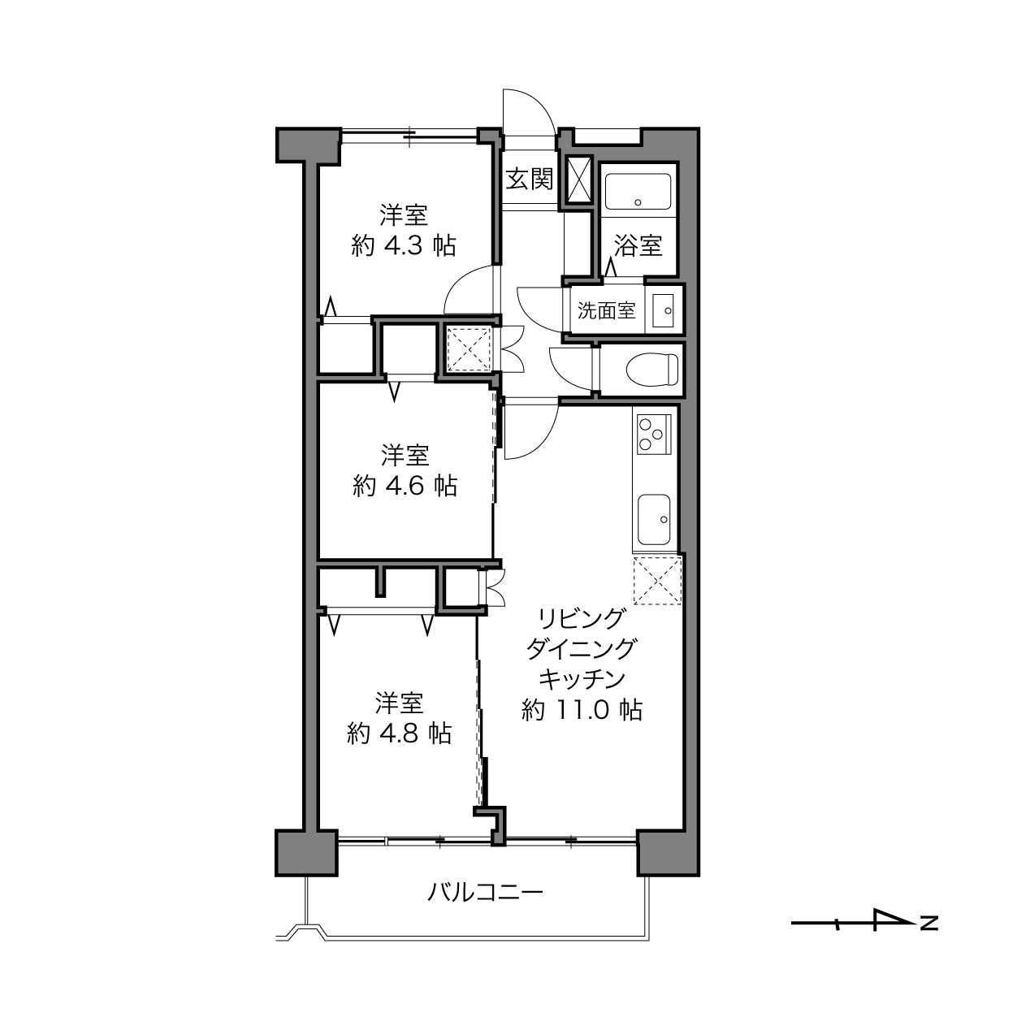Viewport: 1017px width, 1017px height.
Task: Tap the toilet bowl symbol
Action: coord(651,369)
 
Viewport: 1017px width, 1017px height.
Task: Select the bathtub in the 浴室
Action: coord(638,192)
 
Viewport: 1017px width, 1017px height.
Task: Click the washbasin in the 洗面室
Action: coord(664,310)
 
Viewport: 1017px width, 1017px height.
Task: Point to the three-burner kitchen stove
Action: coord(654,435)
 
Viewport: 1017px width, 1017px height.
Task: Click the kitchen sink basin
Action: coord(655,520)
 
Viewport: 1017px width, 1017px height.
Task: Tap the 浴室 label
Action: coord(638,245)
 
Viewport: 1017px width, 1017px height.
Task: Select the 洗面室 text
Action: coord(606,310)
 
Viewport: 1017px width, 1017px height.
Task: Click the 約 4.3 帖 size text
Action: coord(404,245)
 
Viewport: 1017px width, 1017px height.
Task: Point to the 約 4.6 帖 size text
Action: coord(405,486)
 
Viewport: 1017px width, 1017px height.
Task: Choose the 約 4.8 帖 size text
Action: coord(400,734)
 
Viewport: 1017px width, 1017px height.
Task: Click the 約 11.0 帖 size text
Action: coord(582,710)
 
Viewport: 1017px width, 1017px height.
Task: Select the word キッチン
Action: coord(582,679)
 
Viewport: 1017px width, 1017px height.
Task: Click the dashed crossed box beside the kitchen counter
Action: coord(657,580)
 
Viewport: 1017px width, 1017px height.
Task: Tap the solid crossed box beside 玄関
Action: coord(579,180)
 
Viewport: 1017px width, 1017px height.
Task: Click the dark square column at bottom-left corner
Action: coord(306,854)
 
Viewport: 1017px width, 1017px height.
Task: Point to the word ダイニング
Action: coord(582,648)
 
